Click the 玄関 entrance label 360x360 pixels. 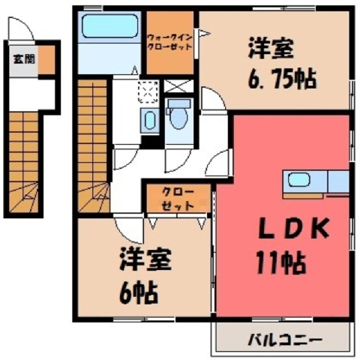pyautogui.click(x=24, y=59)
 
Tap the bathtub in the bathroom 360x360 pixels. pyautogui.click(x=109, y=26)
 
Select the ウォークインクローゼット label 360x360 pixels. pyautogui.click(x=170, y=42)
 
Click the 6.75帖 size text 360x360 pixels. pyautogui.click(x=282, y=79)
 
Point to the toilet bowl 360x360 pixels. pyautogui.click(x=178, y=118)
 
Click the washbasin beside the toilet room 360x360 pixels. pyautogui.click(x=150, y=121)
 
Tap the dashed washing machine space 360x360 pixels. pyautogui.click(x=148, y=91)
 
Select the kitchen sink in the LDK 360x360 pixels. pyautogui.click(x=298, y=180)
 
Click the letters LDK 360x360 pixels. pyautogui.click(x=294, y=228)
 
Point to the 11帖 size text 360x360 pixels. pyautogui.click(x=280, y=263)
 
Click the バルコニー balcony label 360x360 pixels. pyautogui.click(x=284, y=340)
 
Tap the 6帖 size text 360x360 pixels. pyautogui.click(x=138, y=293)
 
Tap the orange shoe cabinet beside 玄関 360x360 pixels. pyautogui.click(x=46, y=60)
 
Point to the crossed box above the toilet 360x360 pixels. pyautogui.click(x=179, y=85)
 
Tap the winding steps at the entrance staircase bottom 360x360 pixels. pyautogui.click(x=24, y=197)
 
